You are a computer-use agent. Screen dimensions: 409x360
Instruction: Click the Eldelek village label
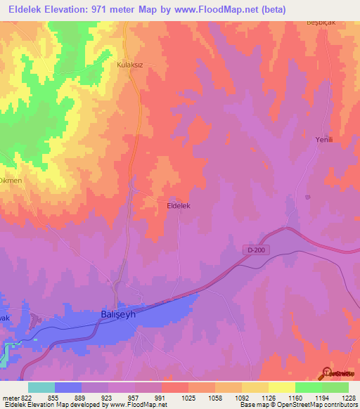coord(179,206)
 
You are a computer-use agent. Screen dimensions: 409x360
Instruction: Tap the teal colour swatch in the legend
coord(41,387)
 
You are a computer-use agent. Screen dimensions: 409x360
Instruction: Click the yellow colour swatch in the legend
coord(281,387)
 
